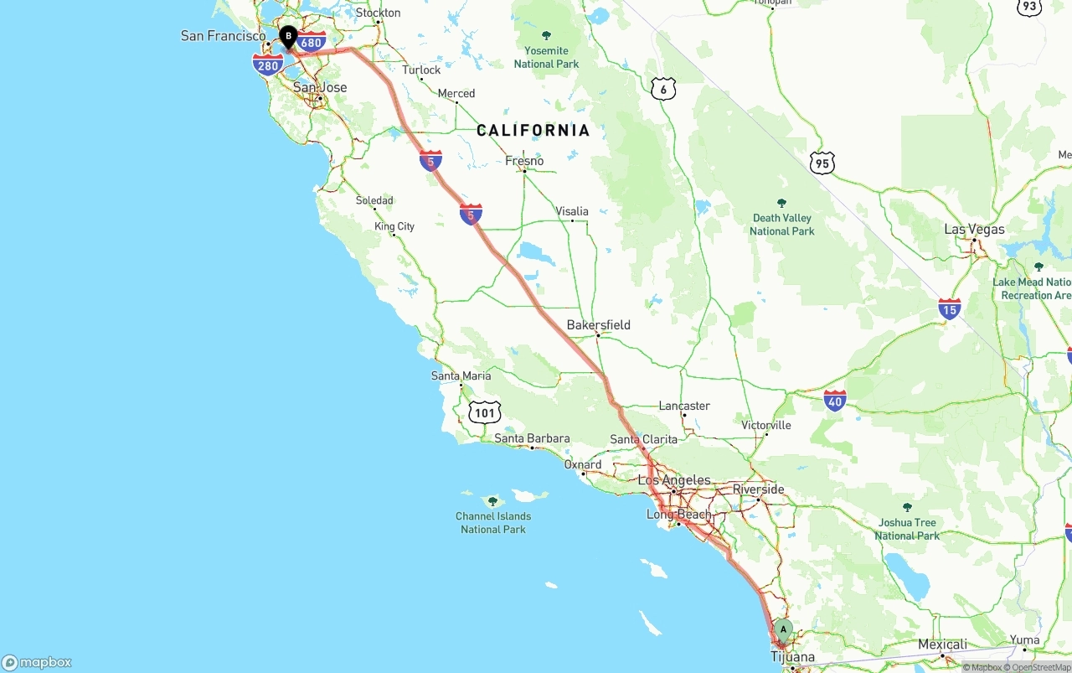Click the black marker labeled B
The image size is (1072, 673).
pyautogui.click(x=288, y=37)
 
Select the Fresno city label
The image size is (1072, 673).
pyautogui.click(x=524, y=161)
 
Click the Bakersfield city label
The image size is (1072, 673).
pyautogui.click(x=598, y=325)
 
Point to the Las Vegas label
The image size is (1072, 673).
pyautogui.click(x=974, y=230)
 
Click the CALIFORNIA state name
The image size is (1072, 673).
pyautogui.click(x=533, y=130)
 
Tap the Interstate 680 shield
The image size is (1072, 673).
pyautogui.click(x=312, y=42)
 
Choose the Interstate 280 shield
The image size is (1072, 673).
pyautogui.click(x=268, y=65)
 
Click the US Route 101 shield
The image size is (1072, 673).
pyautogui.click(x=485, y=412)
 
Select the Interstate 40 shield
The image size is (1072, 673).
pyautogui.click(x=835, y=401)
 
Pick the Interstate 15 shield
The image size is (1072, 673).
pyautogui.click(x=949, y=309)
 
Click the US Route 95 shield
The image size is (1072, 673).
pyautogui.click(x=822, y=163)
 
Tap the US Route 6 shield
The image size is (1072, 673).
pyautogui.click(x=662, y=89)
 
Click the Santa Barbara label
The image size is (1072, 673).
pyautogui.click(x=532, y=438)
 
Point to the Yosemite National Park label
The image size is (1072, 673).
pyautogui.click(x=546, y=57)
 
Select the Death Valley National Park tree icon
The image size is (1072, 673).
pyautogui.click(x=782, y=203)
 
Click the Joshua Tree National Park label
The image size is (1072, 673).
pyautogui.click(x=907, y=529)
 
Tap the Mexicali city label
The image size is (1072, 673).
pyautogui.click(x=942, y=645)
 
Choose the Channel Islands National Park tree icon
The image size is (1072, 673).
pyautogui.click(x=492, y=501)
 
